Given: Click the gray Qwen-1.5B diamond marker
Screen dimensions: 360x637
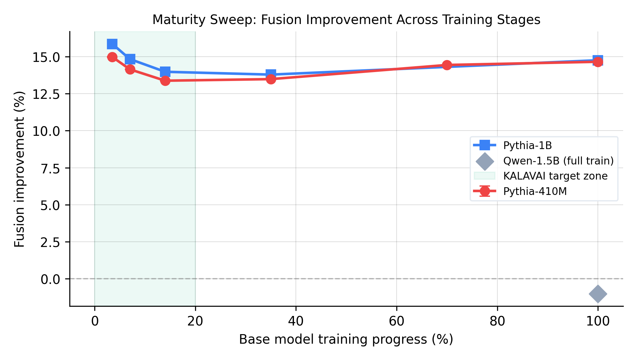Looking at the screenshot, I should pos(598,294).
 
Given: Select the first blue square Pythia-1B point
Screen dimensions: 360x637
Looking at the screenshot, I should pos(112,44).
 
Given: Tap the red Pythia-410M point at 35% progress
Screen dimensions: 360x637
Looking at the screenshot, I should pos(271,79).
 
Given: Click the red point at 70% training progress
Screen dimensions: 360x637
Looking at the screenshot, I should pos(447,65).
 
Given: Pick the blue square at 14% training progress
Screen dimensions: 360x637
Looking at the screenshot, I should pos(165,72).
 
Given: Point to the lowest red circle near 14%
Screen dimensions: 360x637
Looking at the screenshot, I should pos(165,81).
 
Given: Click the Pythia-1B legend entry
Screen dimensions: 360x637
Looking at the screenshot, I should pos(527,145).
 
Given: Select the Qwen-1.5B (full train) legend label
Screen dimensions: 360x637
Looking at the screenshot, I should pos(558,161).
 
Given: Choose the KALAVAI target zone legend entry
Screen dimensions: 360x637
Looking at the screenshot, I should pos(555,176).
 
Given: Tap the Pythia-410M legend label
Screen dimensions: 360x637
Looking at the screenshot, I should pos(535,192).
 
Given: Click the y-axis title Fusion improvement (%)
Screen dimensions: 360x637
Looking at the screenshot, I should pos(19,169).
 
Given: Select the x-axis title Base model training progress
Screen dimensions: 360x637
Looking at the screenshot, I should pos(346,339).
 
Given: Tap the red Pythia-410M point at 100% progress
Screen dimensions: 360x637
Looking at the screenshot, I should pos(598,62).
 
